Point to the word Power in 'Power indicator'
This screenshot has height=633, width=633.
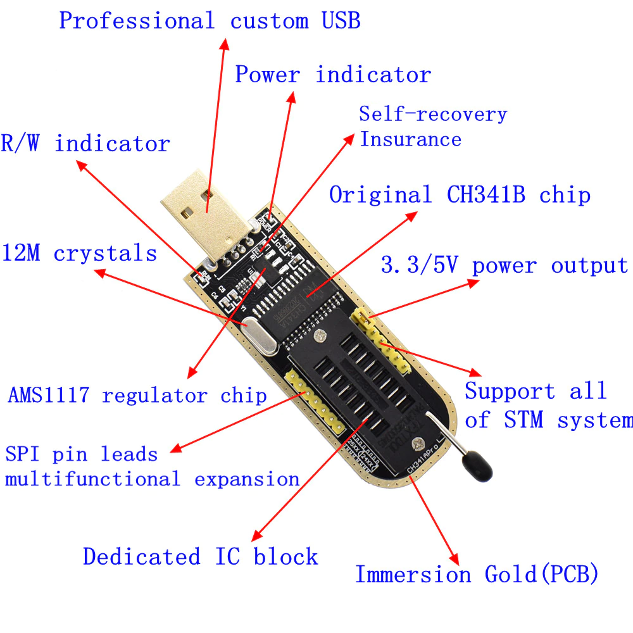coord(267,75)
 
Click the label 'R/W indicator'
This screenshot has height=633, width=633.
coord(85,144)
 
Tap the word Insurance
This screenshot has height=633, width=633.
coord(410,139)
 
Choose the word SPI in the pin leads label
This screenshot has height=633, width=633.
coord(25,454)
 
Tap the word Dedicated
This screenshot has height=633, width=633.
coord(132,557)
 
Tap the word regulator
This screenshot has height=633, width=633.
coord(154,396)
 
